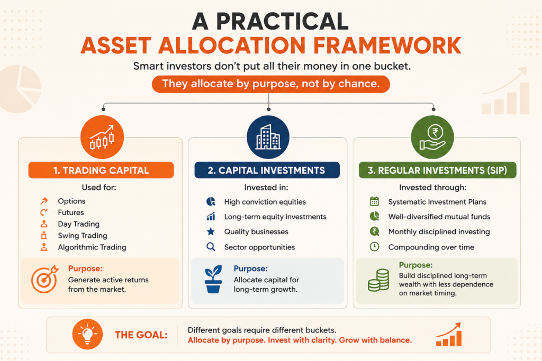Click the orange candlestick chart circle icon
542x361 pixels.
click(102, 137)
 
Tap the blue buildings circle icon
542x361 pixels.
click(268, 137)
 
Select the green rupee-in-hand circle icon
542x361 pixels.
click(432, 137)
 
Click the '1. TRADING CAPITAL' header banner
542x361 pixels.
click(101, 170)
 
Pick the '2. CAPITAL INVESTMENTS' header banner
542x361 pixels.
click(267, 170)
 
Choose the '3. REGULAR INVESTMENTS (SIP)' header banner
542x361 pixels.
click(437, 170)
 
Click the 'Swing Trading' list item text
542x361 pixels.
click(83, 236)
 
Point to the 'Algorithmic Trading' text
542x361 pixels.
click(92, 247)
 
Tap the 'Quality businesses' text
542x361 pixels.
click(256, 232)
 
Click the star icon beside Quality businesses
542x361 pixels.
click(211, 232)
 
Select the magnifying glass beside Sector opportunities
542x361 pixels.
click(211, 247)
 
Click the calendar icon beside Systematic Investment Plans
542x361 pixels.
click(374, 201)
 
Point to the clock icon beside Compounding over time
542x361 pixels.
click(374, 247)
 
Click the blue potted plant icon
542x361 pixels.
click(213, 279)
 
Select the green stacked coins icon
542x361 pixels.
click(378, 280)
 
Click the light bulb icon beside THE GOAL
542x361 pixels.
click(87, 334)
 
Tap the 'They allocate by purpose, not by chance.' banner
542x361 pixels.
click(271, 84)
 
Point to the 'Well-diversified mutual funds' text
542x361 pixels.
click(439, 217)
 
